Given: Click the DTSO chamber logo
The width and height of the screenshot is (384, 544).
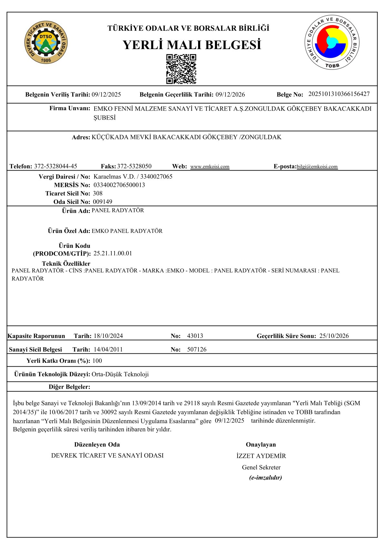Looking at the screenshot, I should point(46,42).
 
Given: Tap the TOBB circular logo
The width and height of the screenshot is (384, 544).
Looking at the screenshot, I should point(332,42).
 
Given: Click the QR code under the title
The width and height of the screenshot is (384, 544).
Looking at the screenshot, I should point(181,69).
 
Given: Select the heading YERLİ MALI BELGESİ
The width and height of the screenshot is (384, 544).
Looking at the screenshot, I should point(192,45).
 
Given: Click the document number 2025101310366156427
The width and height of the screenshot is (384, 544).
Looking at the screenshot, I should point(339,94).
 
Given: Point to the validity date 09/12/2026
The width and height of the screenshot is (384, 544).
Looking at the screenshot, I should point(230,95).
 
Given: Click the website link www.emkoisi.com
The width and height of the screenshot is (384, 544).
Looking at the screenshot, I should point(210,167).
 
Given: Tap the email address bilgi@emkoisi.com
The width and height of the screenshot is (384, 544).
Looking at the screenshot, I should point(317,167).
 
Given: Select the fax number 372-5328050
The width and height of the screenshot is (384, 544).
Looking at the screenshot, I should point(134,166).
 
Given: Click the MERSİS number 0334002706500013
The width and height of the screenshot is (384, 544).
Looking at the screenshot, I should point(119,185).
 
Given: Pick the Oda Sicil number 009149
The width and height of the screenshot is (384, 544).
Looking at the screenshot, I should point(103,202).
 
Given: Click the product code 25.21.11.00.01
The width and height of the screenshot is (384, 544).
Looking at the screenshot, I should point(113,253).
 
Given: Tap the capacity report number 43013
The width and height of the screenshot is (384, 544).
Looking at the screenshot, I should point(195,336).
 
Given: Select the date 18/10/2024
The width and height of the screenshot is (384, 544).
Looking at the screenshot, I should point(108,336).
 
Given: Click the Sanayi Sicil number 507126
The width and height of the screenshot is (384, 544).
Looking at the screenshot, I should point(197,350).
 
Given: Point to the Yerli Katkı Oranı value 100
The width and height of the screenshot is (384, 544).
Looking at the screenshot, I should point(97,361).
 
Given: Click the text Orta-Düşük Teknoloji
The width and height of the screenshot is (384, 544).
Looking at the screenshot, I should point(120,374).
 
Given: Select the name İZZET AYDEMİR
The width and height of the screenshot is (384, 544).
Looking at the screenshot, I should point(261,456).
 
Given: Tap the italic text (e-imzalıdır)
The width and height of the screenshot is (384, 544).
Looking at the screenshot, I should point(265,477).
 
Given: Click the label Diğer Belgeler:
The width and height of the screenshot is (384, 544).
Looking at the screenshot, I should point(69,387).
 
